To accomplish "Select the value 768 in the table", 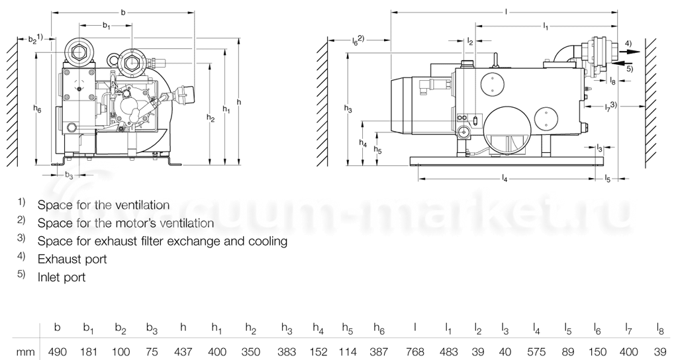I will click(415, 350).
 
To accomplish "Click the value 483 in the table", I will click(450, 350).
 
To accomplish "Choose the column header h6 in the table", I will click(379, 328).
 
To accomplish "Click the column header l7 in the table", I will click(629, 328).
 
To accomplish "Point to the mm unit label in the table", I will click(25, 350).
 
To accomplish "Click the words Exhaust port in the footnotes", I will click(72, 259).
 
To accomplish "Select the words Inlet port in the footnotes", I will click(62, 278).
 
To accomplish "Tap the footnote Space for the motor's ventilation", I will click(126, 224).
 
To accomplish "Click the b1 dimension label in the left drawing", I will click(106, 26).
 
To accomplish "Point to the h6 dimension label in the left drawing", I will click(38, 110).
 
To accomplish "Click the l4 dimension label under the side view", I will click(505, 179).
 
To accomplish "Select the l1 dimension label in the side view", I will click(546, 26).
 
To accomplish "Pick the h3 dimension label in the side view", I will click(349, 108).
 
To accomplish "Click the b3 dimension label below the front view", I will click(70, 175).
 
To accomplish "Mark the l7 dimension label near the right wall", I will click(611, 106).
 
